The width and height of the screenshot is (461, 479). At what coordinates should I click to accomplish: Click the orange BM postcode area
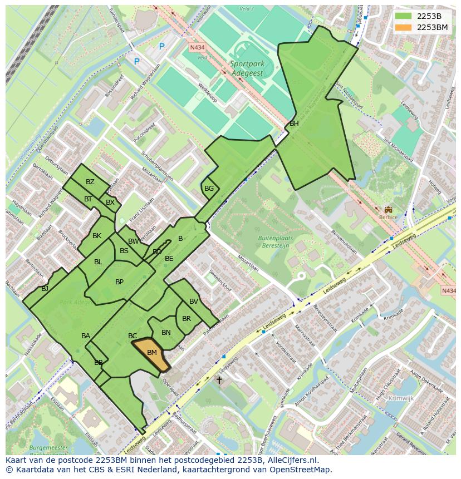click(x=151, y=354)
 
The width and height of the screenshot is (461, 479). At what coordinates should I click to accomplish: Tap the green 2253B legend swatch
click(x=404, y=16)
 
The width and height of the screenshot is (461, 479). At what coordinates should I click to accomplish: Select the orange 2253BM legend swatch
click(x=404, y=27)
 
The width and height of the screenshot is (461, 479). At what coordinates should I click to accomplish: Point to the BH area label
click(x=294, y=124)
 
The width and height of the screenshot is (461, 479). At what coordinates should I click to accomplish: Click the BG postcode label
click(x=209, y=189)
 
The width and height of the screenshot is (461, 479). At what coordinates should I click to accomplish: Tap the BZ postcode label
click(x=90, y=182)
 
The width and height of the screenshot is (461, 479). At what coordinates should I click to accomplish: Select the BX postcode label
click(x=110, y=203)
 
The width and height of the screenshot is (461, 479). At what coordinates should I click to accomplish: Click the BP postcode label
click(x=119, y=282)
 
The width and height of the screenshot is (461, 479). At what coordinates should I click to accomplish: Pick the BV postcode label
click(x=193, y=302)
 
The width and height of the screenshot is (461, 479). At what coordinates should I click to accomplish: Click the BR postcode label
click(x=187, y=319)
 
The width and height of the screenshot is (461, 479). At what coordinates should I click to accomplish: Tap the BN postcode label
click(x=166, y=333)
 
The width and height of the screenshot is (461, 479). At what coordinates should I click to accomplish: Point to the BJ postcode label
click(x=45, y=288)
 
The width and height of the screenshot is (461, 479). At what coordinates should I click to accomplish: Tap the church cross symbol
click(x=219, y=381)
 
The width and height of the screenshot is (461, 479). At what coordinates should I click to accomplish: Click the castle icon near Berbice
click(x=388, y=210)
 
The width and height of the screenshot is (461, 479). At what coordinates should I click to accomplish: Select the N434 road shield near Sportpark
click(x=197, y=48)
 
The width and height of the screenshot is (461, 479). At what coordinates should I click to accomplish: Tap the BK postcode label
click(x=97, y=236)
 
